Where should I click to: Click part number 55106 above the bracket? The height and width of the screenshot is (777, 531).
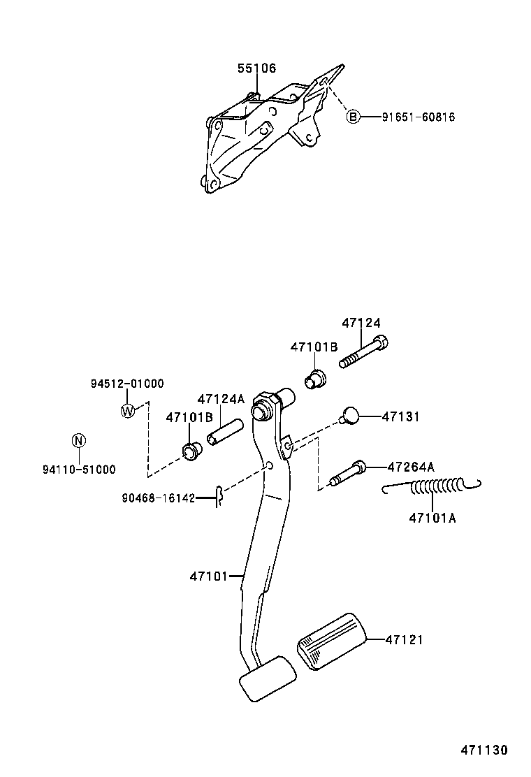click(x=256, y=68)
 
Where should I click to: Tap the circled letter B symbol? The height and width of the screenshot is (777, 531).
click(x=354, y=117)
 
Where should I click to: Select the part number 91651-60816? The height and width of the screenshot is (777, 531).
click(x=418, y=117)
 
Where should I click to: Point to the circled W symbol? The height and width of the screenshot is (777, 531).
click(x=127, y=411)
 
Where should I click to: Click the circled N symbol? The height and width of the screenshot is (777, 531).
click(x=79, y=440)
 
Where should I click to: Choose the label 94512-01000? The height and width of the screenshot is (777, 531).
click(x=127, y=383)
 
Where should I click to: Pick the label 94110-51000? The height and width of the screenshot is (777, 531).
click(x=79, y=470)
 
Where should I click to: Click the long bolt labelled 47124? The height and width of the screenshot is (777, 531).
click(x=363, y=353)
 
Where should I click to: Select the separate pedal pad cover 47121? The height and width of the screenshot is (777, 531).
click(x=332, y=641)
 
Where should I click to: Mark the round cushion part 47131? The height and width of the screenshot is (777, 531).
click(x=350, y=416)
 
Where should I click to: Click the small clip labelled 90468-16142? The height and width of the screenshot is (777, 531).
click(x=219, y=497)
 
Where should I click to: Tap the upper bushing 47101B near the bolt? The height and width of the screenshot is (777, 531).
click(x=316, y=378)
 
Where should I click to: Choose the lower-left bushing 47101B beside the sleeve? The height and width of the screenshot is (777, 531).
click(x=190, y=450)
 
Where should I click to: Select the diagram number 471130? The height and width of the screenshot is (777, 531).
click(x=483, y=750)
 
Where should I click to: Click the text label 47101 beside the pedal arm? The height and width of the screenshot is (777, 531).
click(x=208, y=576)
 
